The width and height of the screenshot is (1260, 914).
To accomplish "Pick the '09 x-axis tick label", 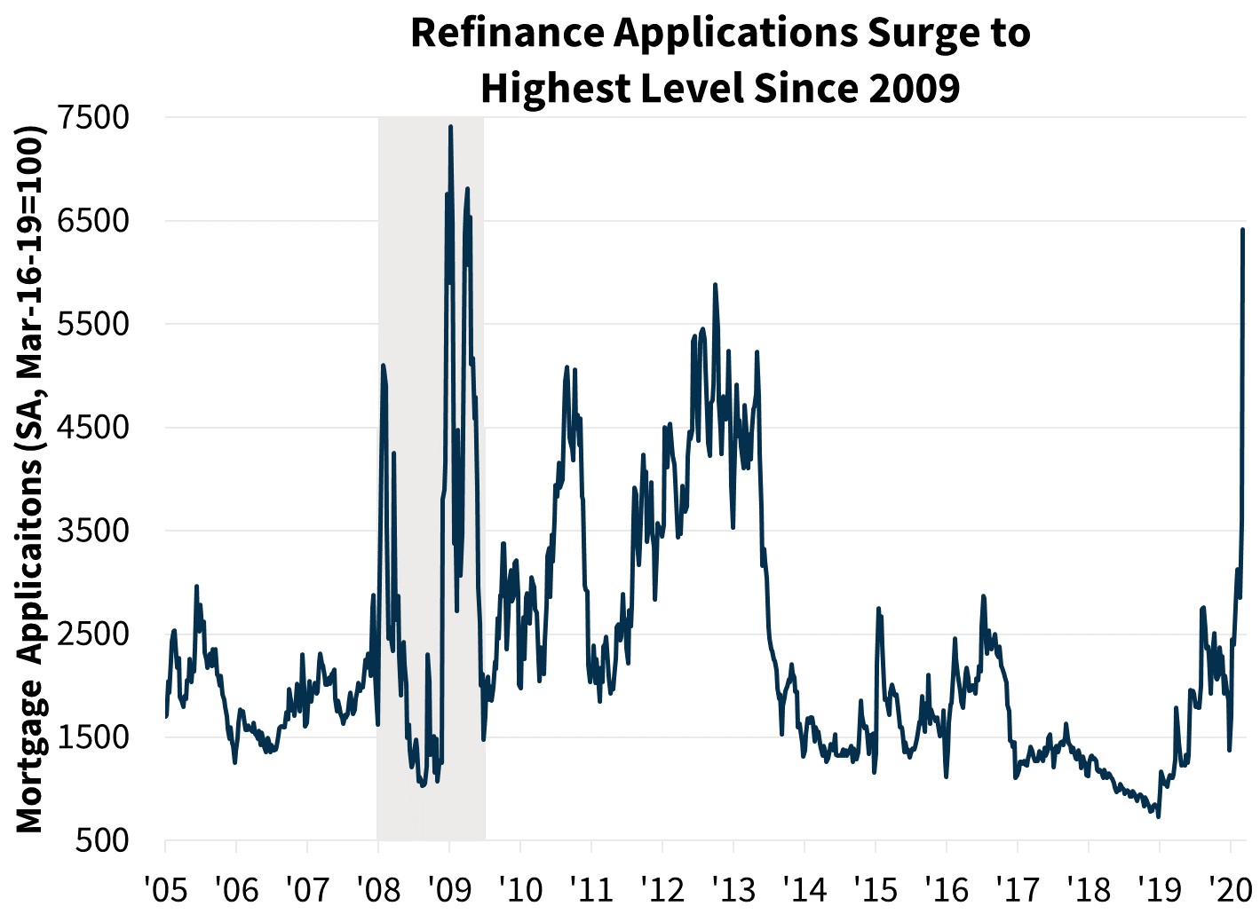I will [x=449, y=887].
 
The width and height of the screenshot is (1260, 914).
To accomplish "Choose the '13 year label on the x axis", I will [x=733, y=887].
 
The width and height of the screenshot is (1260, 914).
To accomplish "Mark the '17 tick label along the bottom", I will [x=1017, y=887].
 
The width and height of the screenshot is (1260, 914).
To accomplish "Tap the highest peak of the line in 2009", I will [x=450, y=127].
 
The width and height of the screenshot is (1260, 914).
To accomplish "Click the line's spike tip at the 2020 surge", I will [x=1243, y=230].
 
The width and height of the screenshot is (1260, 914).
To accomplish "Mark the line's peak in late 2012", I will [x=715, y=285].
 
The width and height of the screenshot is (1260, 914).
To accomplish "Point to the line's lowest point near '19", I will [x=1158, y=816].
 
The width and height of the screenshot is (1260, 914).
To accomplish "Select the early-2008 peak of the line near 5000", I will [x=383, y=365].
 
